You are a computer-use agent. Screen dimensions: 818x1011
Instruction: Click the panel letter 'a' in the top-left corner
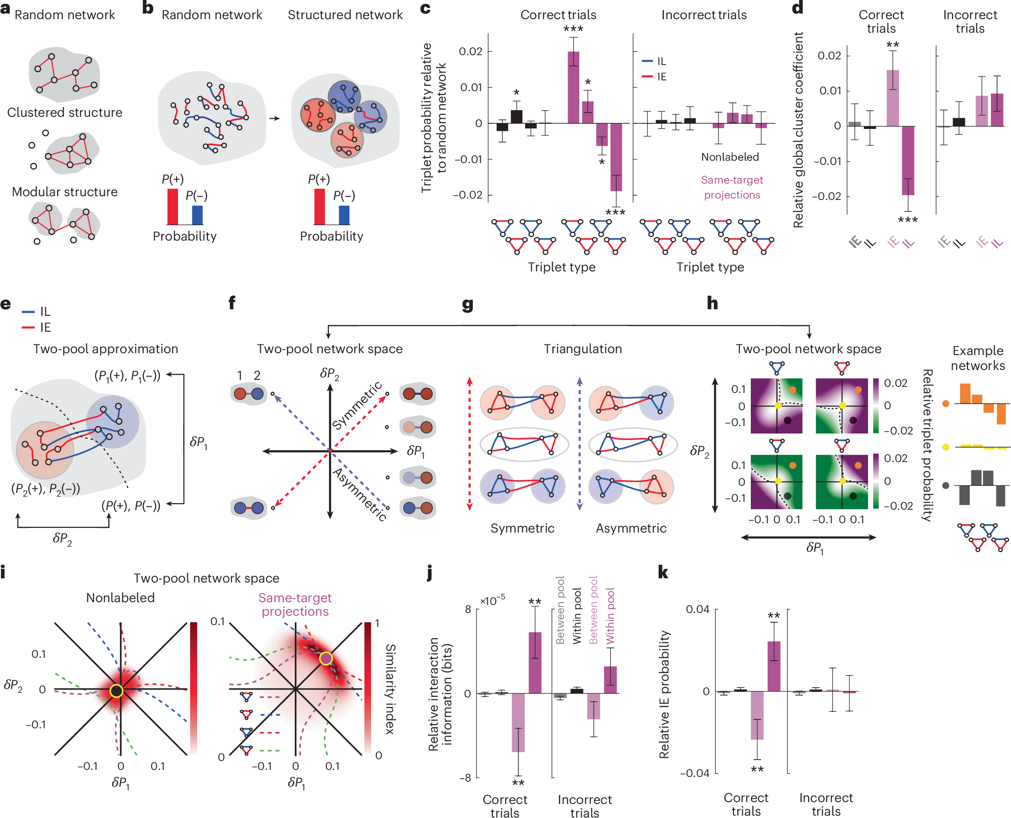pos(5,9)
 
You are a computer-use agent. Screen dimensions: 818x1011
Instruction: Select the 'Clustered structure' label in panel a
pos(64,113)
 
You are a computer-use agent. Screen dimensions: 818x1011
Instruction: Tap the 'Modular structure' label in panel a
pos(64,192)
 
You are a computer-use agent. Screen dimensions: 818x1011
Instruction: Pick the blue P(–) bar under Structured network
pos(344,215)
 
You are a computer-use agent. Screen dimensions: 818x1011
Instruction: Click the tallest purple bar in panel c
pos(573,87)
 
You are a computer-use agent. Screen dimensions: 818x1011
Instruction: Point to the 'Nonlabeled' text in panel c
pos(730,157)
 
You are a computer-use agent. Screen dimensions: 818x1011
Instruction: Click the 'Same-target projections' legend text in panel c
pos(732,187)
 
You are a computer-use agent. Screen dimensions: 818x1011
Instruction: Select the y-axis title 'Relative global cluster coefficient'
pos(797,129)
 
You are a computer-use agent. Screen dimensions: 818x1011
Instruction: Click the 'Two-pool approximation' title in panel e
pos(106,349)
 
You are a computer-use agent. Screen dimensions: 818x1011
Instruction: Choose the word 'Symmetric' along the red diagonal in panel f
pos(357,405)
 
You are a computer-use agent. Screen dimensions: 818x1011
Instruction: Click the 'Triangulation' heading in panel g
pos(583,349)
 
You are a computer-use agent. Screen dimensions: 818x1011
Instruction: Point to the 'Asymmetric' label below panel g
pos(631,528)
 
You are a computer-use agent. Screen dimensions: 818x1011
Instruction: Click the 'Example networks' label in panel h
pos(977,358)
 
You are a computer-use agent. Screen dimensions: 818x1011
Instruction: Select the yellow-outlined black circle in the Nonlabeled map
pos(116,691)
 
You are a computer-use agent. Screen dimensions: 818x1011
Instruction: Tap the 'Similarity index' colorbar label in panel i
pos(390,689)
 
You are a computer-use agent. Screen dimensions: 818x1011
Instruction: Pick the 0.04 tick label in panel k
pos(697,609)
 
